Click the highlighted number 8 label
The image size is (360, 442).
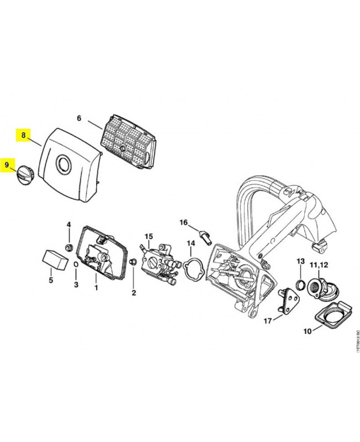coord(23,134)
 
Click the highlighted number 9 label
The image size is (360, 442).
coord(7,164)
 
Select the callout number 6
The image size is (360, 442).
coord(78,118)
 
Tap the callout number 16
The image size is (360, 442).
coord(184,222)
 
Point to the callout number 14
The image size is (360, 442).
coord(190,243)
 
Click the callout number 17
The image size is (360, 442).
coord(267,320)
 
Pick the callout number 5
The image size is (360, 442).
coord(51,280)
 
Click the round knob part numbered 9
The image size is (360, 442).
coord(25,177)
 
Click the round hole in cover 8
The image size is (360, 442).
coord(64,164)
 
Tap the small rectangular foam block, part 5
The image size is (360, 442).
coord(53,259)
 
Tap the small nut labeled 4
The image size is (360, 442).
coord(70,246)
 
